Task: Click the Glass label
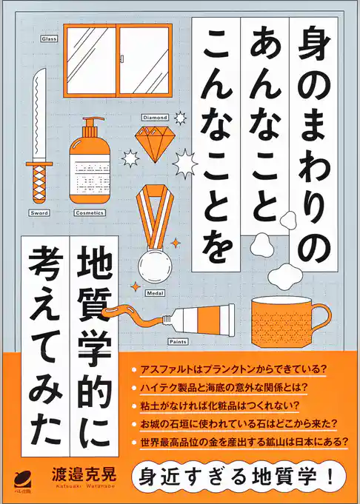(x=49, y=37)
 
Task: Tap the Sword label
(x=39, y=212)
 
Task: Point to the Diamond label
(x=156, y=116)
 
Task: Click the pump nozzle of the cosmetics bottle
(x=90, y=125)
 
